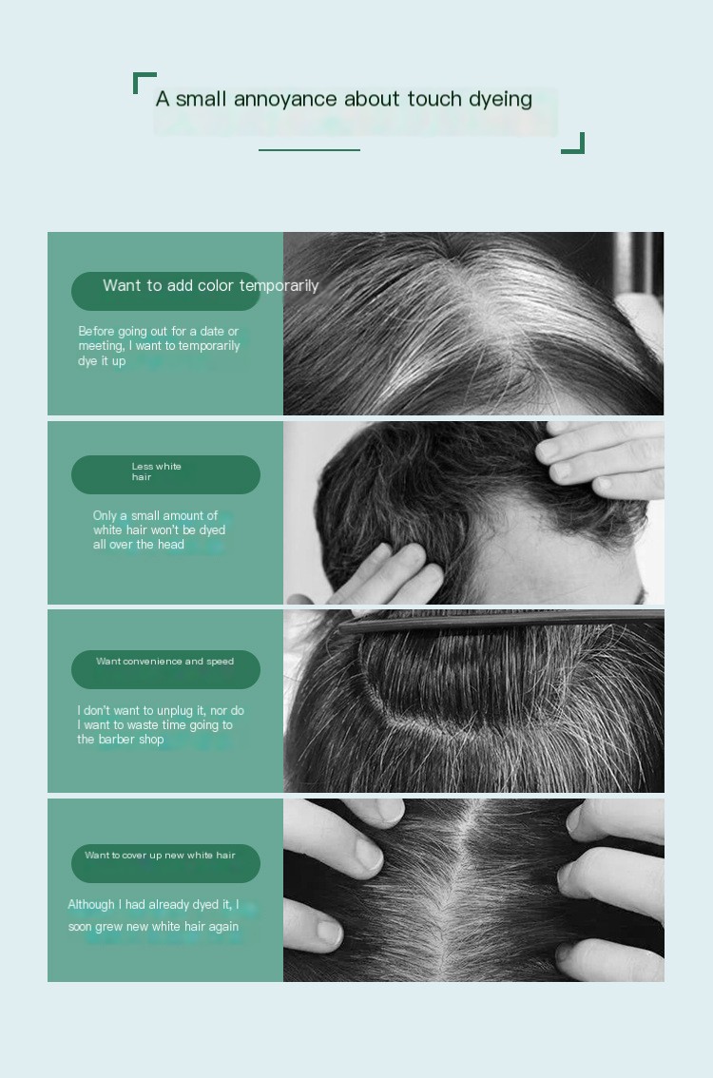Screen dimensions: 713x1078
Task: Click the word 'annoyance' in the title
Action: (x=285, y=100)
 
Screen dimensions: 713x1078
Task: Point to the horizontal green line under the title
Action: (x=309, y=149)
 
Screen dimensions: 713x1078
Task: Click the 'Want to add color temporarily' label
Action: (x=210, y=285)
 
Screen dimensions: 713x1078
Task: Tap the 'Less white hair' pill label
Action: (x=165, y=474)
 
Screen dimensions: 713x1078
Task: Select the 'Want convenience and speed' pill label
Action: (x=165, y=669)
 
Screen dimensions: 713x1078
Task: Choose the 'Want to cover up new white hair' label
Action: (x=165, y=863)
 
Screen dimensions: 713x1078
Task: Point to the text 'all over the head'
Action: (x=139, y=545)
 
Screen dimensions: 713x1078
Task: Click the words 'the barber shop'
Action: (x=121, y=740)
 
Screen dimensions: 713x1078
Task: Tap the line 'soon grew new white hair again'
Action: (x=153, y=927)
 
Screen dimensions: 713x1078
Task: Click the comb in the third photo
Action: (x=502, y=620)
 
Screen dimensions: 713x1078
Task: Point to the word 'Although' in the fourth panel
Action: (x=90, y=905)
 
